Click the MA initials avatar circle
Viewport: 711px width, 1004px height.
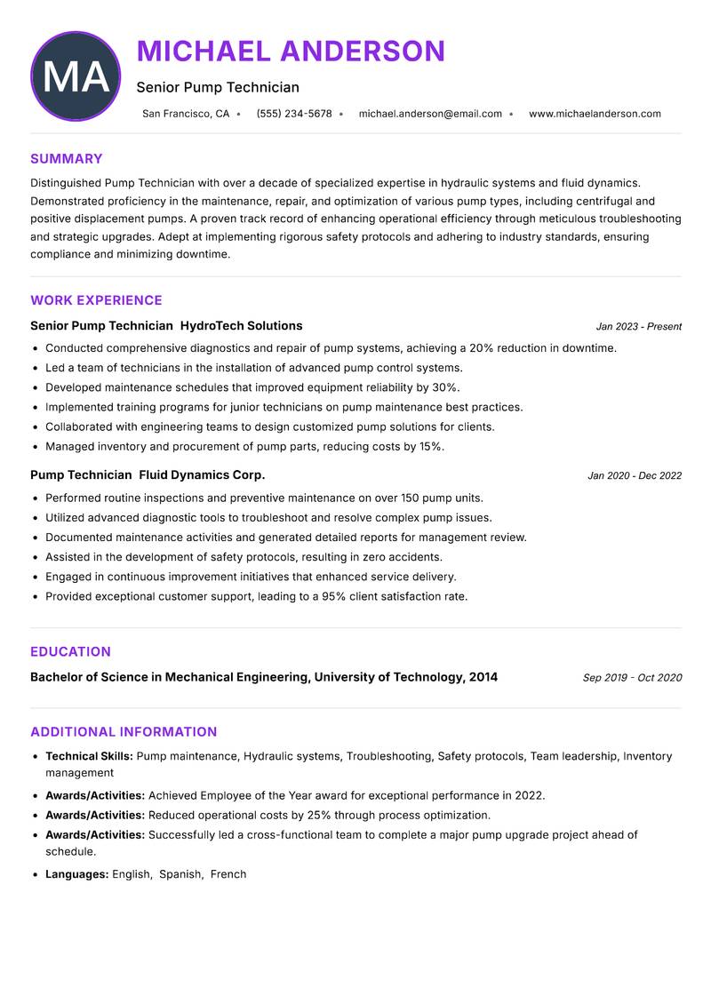75,76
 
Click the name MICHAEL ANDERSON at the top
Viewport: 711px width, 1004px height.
291,52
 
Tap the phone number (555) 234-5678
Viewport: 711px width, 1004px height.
293,114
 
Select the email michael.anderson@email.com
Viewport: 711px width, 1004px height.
430,114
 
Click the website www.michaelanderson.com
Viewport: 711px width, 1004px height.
595,114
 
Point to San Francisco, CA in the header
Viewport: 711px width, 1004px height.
186,114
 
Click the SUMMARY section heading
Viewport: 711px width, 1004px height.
67,159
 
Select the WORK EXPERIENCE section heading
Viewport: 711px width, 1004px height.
96,300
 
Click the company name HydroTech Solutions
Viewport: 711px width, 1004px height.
241,326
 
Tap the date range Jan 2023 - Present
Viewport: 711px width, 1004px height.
638,327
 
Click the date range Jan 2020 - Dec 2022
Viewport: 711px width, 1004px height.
635,476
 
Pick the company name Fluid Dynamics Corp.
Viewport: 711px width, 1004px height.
202,475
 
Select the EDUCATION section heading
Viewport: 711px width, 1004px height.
70,651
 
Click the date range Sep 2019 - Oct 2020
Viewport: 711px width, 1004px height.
632,678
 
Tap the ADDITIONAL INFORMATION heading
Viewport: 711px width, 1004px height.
124,732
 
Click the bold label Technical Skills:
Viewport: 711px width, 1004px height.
89,756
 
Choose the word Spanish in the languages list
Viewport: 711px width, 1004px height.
180,874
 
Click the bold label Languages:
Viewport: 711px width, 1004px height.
77,874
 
